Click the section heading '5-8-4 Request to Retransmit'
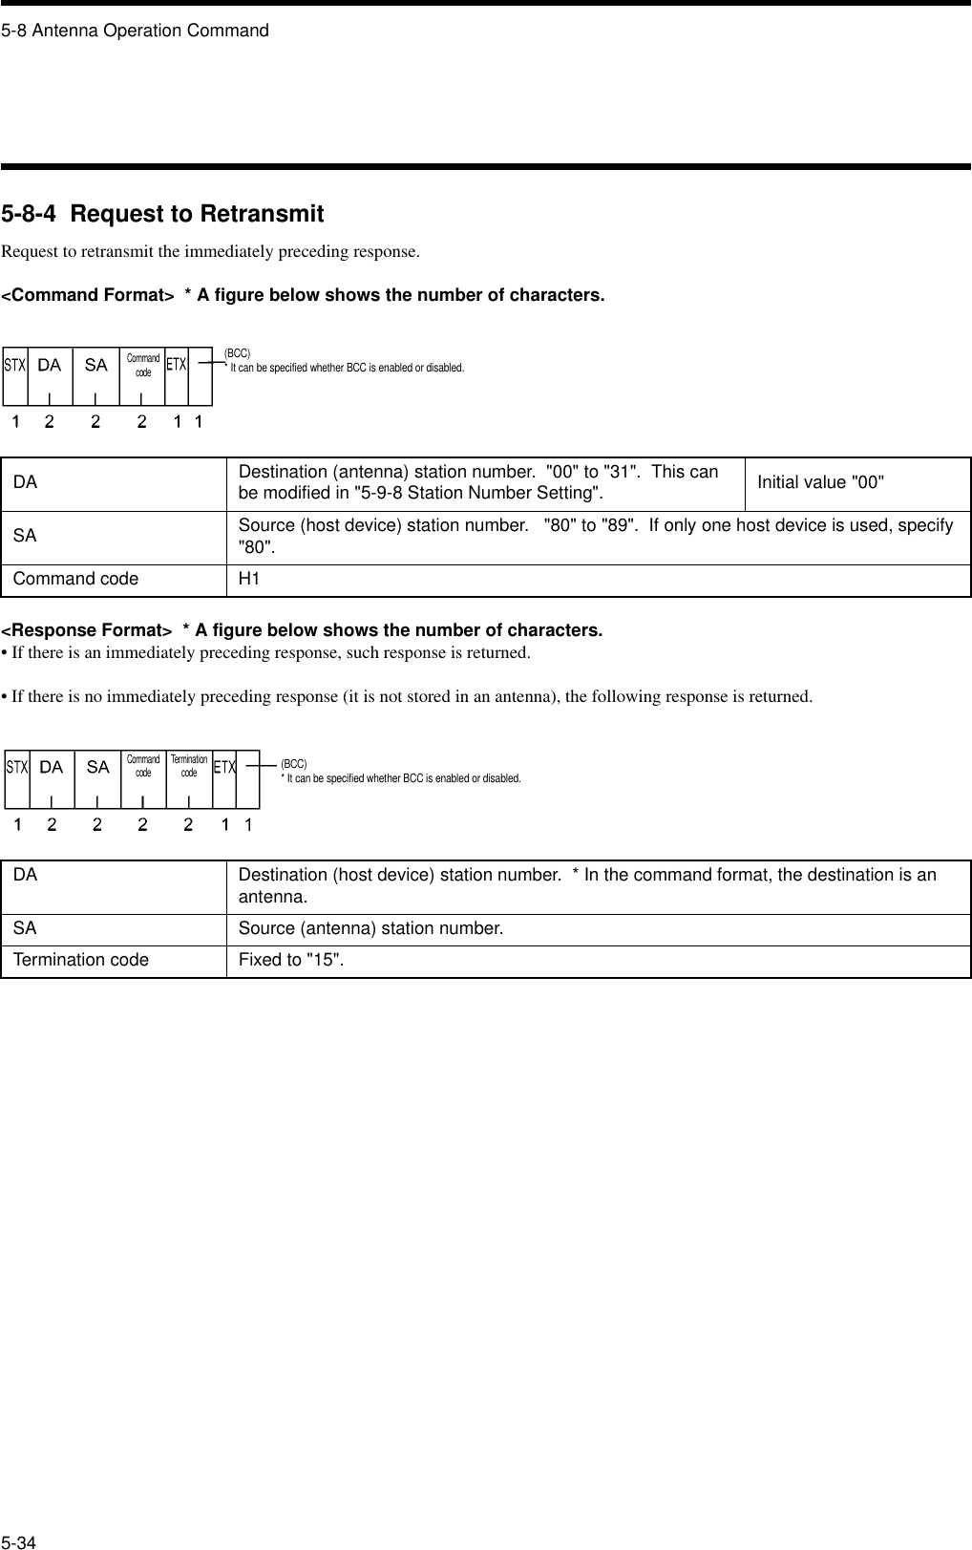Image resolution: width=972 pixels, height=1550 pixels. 162,214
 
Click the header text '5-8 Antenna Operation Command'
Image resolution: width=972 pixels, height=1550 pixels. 135,31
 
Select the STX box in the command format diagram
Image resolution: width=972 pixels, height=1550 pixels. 14,365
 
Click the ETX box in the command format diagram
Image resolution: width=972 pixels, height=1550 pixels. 176,365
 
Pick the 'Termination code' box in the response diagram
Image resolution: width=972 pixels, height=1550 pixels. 188,766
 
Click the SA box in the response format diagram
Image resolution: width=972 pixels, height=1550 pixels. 97,767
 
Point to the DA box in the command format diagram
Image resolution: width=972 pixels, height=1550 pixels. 49,365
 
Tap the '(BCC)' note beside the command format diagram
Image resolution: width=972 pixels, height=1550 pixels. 237,353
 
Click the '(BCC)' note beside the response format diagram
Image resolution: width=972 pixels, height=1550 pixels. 293,764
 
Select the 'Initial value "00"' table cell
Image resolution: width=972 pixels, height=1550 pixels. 820,482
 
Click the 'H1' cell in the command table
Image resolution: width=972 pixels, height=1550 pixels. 249,580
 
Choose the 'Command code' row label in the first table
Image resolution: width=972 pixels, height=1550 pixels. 75,580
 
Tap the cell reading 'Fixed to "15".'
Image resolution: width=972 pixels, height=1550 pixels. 291,960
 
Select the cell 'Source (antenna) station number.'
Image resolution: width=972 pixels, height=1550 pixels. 370,928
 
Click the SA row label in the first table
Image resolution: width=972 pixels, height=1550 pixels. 25,536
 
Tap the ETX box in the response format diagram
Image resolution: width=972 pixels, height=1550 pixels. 224,767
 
